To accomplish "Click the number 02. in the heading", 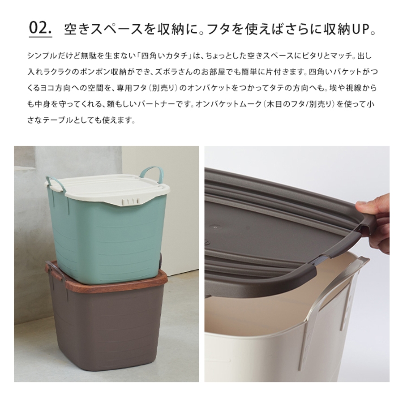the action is click(x=40, y=28).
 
